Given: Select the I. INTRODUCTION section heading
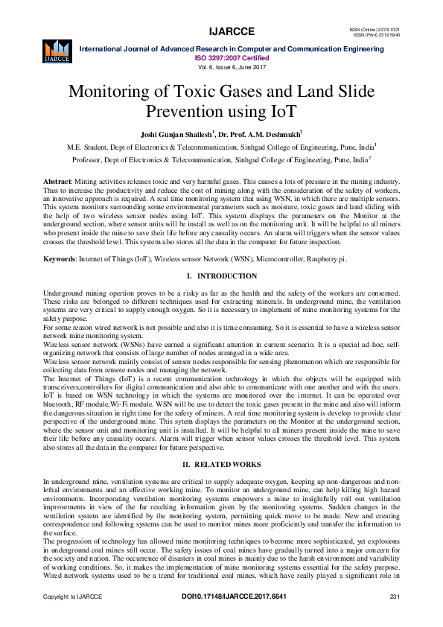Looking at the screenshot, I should (x=221, y=277).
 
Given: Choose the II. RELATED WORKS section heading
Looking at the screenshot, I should (x=221, y=444).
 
